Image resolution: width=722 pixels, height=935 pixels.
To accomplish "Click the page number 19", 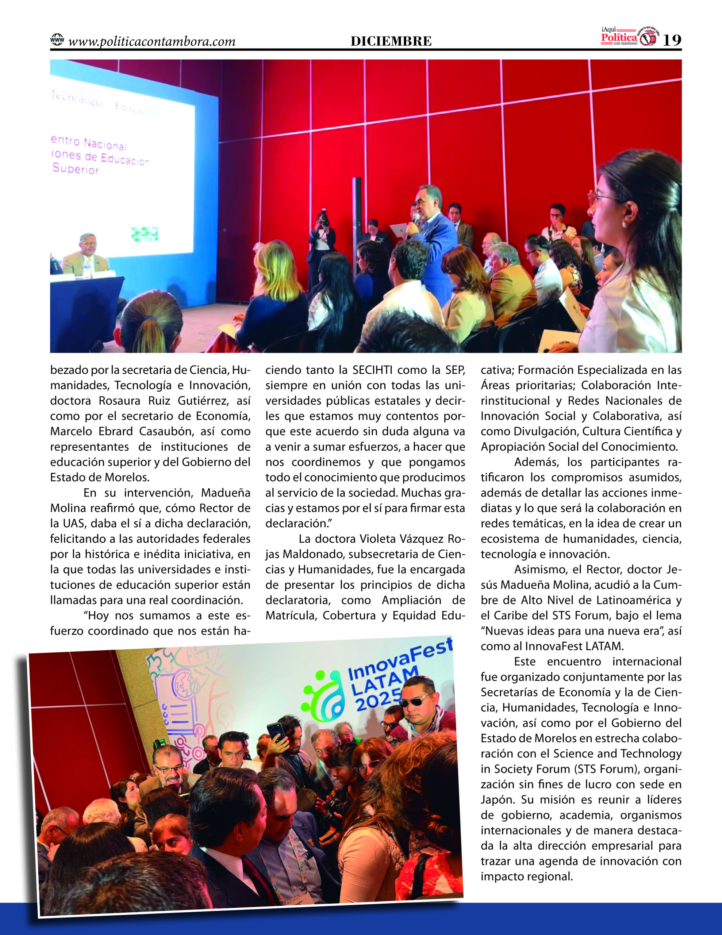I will tap(672, 40).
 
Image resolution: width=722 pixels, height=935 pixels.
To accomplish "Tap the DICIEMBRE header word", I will tap(391, 41).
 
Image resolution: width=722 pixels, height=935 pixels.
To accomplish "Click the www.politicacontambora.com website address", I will tap(152, 42).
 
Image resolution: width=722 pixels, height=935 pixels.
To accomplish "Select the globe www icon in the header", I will tap(57, 40).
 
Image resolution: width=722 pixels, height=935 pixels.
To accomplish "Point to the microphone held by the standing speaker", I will tap(415, 218).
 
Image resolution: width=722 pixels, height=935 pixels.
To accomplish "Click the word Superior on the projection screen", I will tap(76, 169).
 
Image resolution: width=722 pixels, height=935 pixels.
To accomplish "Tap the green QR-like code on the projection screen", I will tap(145, 234).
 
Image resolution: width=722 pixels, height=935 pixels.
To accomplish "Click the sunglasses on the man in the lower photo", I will tap(415, 701).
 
